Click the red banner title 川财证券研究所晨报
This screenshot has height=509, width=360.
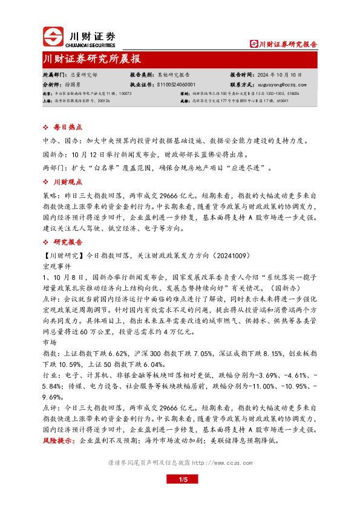click(93, 59)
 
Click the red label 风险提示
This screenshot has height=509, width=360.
click(60, 441)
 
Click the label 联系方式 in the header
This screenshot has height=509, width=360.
click(241, 85)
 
